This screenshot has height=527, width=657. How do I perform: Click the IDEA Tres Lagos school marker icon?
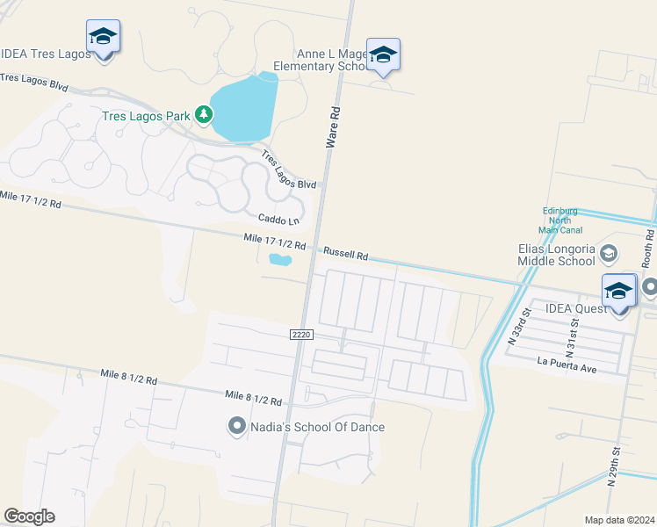pyautogui.click(x=103, y=37)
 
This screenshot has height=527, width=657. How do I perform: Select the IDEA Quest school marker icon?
pyautogui.click(x=618, y=292)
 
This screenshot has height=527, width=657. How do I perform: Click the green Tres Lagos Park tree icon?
pyautogui.click(x=204, y=114)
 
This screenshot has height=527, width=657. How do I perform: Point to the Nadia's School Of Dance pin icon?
pyautogui.click(x=236, y=427)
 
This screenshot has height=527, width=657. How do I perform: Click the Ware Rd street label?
pyautogui.click(x=334, y=127)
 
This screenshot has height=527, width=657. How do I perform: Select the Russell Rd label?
pyautogui.click(x=345, y=253)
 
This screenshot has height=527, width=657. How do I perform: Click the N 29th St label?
pyautogui.click(x=617, y=462)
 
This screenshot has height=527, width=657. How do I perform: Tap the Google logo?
pyautogui.click(x=29, y=516)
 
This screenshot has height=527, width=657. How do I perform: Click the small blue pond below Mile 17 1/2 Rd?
pyautogui.click(x=279, y=259)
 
